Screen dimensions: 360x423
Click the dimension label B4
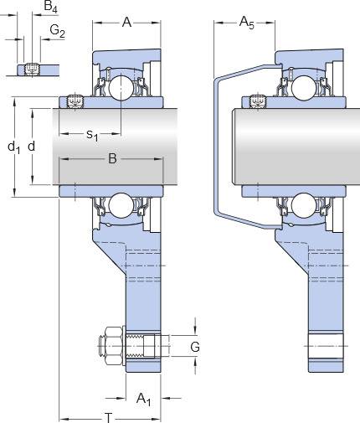pyautogui.click(x=50, y=7)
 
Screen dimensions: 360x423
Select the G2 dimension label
pyautogui.click(x=58, y=31)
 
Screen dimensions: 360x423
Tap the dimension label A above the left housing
pyautogui.click(x=126, y=22)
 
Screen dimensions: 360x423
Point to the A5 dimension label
pyautogui.click(x=247, y=23)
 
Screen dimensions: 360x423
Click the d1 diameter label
pyautogui.click(x=14, y=147)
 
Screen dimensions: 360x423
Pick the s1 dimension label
pyautogui.click(x=92, y=135)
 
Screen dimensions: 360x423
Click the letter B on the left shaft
pyautogui.click(x=112, y=159)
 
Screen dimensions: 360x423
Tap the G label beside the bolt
pyautogui.click(x=195, y=347)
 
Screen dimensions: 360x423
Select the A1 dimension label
pyautogui.click(x=143, y=399)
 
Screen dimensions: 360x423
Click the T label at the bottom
pyautogui.click(x=108, y=418)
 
